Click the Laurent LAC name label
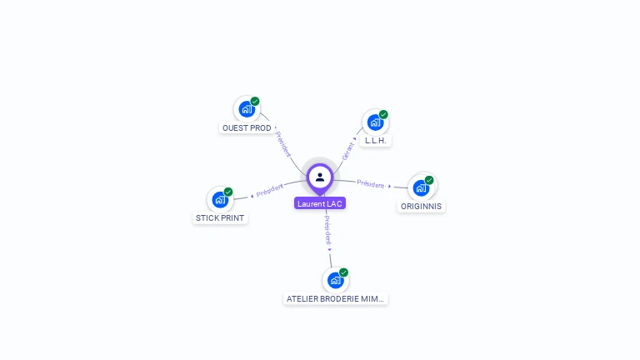(x=320, y=203)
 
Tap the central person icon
(x=320, y=177)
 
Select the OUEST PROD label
(x=247, y=128)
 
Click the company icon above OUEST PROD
(x=246, y=109)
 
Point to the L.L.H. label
(x=376, y=141)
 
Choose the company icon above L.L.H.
(x=375, y=122)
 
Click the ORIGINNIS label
(x=421, y=206)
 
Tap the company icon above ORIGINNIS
(x=421, y=187)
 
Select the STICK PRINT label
(x=221, y=218)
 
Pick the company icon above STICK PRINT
(x=219, y=199)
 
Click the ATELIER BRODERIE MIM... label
(x=336, y=298)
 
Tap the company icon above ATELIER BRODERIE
(x=335, y=280)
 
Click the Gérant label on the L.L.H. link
(x=348, y=150)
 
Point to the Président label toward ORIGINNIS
(x=371, y=183)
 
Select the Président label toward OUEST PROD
(x=282, y=144)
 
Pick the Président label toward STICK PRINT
(x=270, y=191)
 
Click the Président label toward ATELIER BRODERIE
(x=327, y=228)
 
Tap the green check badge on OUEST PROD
(x=255, y=102)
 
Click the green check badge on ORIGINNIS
(x=429, y=180)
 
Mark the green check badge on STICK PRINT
(x=228, y=192)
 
